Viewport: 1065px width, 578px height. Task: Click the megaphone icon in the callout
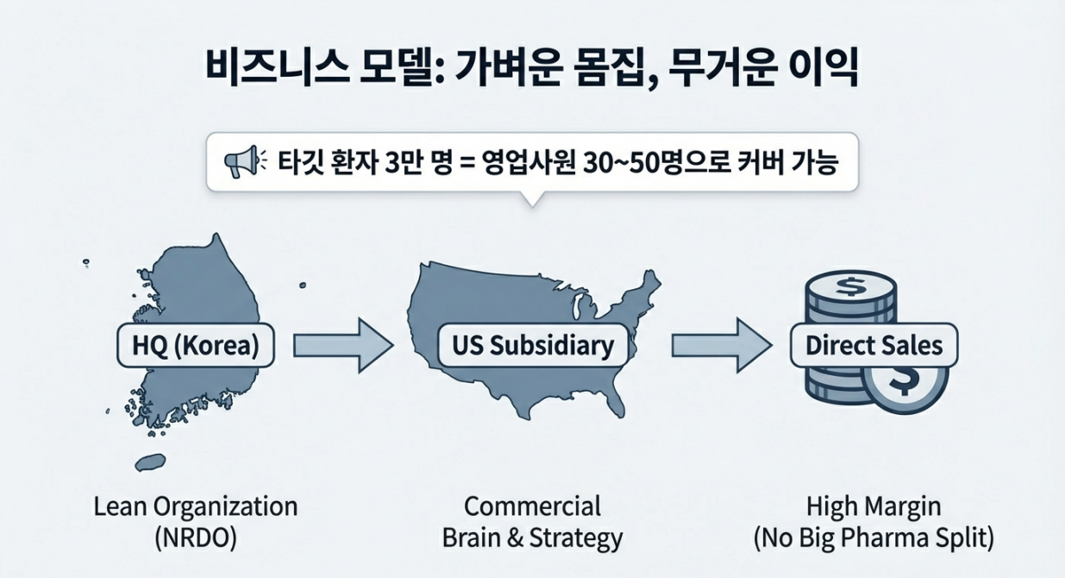click(241, 162)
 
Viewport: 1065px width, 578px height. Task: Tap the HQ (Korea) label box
click(193, 346)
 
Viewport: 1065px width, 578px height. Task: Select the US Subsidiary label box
click(533, 346)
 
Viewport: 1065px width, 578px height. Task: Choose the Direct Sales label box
click(874, 347)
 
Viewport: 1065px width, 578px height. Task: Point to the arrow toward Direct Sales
click(720, 346)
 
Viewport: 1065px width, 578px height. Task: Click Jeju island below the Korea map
click(151, 462)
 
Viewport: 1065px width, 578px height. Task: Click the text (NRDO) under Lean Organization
click(195, 538)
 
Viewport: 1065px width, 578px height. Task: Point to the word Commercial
click(532, 506)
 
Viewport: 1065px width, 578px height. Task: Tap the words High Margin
click(874, 506)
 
